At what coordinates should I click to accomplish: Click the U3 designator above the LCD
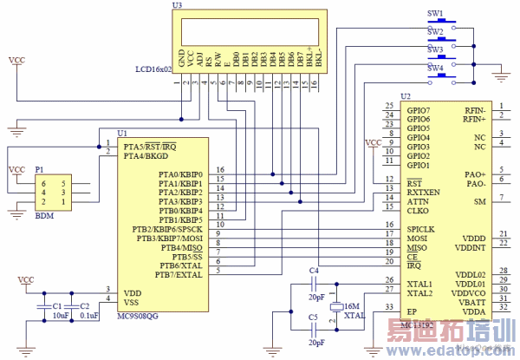tap(177, 5)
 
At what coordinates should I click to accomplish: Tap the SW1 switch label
tap(435, 14)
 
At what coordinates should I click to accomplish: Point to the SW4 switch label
tap(435, 68)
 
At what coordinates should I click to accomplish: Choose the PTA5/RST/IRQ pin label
tap(152, 146)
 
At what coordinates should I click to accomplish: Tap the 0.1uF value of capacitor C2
tap(88, 316)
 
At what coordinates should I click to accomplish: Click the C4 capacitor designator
tap(314, 272)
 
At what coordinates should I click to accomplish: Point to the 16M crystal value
tap(351, 306)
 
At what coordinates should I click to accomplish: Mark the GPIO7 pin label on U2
tap(419, 111)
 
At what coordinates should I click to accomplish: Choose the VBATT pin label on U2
tap(471, 301)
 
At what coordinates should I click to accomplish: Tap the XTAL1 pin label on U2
tap(419, 284)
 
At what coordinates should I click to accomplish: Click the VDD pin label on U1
tap(132, 293)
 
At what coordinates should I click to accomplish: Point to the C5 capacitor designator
tap(314, 318)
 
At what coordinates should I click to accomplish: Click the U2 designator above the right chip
tap(405, 95)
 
